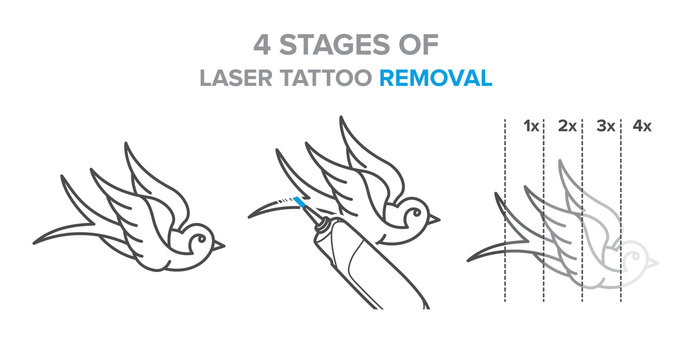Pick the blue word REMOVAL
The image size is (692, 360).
(x=436, y=77)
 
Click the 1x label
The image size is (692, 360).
(x=531, y=126)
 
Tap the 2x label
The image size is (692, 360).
(x=567, y=126)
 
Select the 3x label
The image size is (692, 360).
(x=605, y=126)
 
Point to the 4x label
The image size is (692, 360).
(x=641, y=126)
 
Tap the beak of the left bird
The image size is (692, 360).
(x=219, y=244)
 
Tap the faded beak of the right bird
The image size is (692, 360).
(x=655, y=265)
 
